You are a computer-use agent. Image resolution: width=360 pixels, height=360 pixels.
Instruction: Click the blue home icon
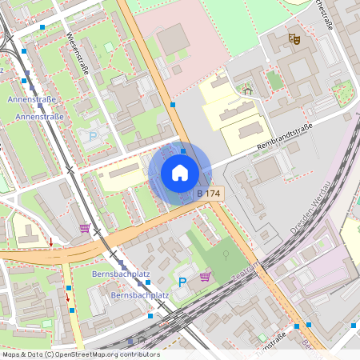tap(180, 173)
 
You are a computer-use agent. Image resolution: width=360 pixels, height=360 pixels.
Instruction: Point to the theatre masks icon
tap(294, 38)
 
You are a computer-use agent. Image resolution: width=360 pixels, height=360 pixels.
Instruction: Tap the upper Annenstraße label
tap(30, 99)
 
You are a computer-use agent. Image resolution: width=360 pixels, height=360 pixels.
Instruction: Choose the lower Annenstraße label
tap(40, 116)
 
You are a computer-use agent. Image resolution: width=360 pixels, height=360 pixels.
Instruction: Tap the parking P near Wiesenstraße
tap(92, 137)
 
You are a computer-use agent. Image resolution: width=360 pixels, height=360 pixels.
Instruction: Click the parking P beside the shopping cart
tap(182, 282)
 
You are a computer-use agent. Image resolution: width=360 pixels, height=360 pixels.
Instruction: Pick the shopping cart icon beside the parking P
tap(206, 277)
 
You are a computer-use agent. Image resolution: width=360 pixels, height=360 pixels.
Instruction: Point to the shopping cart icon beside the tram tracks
tap(85, 228)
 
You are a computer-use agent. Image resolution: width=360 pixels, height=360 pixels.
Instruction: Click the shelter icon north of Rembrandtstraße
tap(247, 91)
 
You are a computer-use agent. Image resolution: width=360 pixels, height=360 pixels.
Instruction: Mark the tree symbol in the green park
tap(226, 254)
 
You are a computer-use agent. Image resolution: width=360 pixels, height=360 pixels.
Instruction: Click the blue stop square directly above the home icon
tap(183, 150)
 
